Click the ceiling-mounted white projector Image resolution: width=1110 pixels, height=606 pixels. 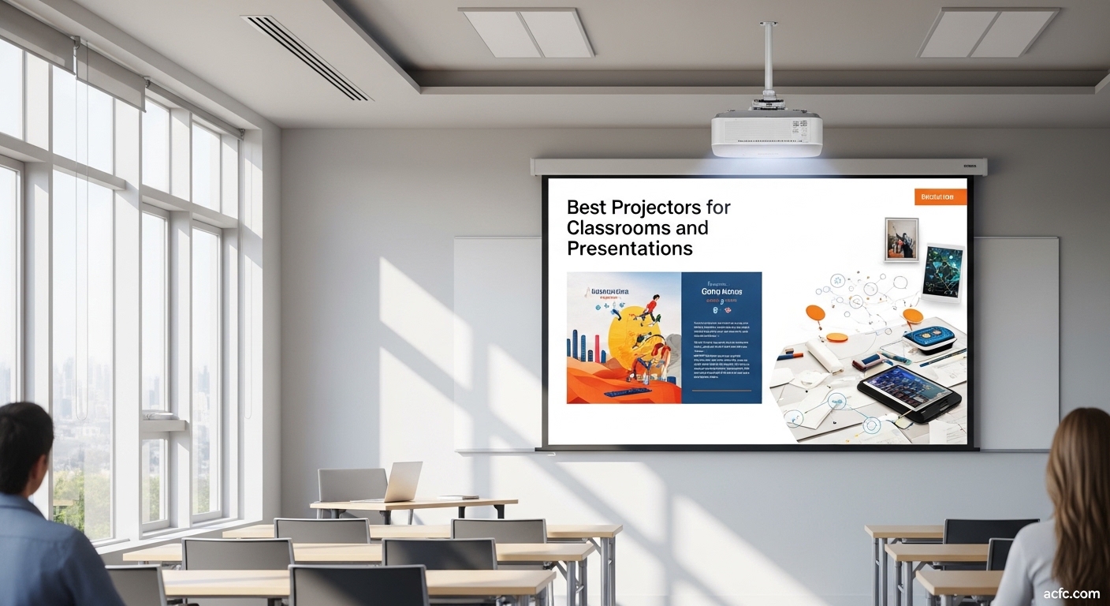click(x=766, y=133)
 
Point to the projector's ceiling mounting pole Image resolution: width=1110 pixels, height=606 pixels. click(x=768, y=59)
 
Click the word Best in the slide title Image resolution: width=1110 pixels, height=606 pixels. click(x=588, y=208)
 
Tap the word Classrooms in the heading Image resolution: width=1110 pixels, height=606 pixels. click(x=609, y=228)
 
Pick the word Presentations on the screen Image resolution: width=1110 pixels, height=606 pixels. click(x=629, y=249)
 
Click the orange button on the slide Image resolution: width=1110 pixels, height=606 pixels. click(x=940, y=196)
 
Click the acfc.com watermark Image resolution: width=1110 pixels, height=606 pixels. click(x=1071, y=593)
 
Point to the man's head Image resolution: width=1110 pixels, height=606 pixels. click(x=24, y=442)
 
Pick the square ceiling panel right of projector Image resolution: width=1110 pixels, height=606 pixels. click(x=989, y=32)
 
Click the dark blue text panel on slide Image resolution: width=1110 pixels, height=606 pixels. click(x=721, y=338)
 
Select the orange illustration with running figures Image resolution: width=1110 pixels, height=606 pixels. click(x=624, y=338)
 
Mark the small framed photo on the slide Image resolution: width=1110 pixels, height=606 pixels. click(x=901, y=239)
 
